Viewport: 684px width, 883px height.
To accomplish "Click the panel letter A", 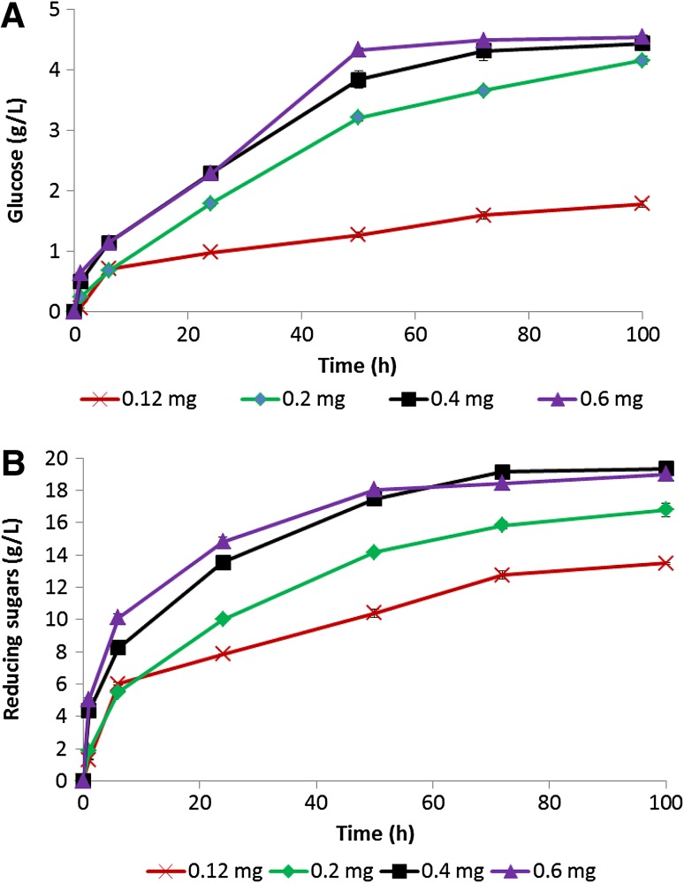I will tap(15, 19).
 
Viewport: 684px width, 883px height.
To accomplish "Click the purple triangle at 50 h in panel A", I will tap(358, 49).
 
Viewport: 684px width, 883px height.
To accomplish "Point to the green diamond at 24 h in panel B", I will tap(223, 619).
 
